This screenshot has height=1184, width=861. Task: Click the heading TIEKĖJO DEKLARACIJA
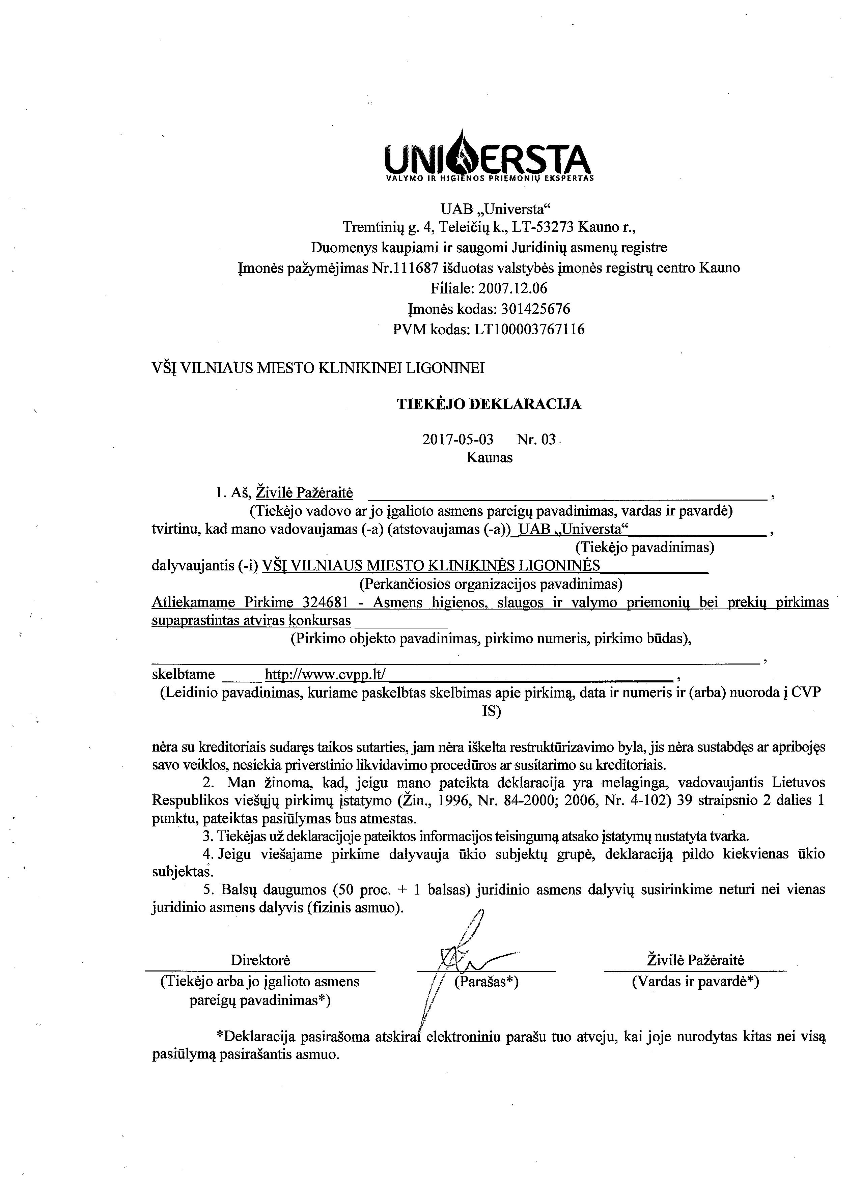pos(489,404)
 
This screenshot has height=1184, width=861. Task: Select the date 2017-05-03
pos(457,439)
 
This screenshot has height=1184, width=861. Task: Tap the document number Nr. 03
pos(536,439)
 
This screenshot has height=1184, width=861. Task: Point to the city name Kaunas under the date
pos(489,458)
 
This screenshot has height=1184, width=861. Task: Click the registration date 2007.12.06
pos(515,288)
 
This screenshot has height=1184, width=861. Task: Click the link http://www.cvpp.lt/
pos(325,675)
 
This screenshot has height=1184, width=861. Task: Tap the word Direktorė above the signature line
pos(260,960)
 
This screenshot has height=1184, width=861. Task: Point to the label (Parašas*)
pos(486,982)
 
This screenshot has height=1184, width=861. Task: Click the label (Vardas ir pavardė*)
pos(695,982)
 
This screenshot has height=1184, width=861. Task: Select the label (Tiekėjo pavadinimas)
pos(644,547)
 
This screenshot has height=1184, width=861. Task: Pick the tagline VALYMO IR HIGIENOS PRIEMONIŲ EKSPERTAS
pos(489,178)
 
